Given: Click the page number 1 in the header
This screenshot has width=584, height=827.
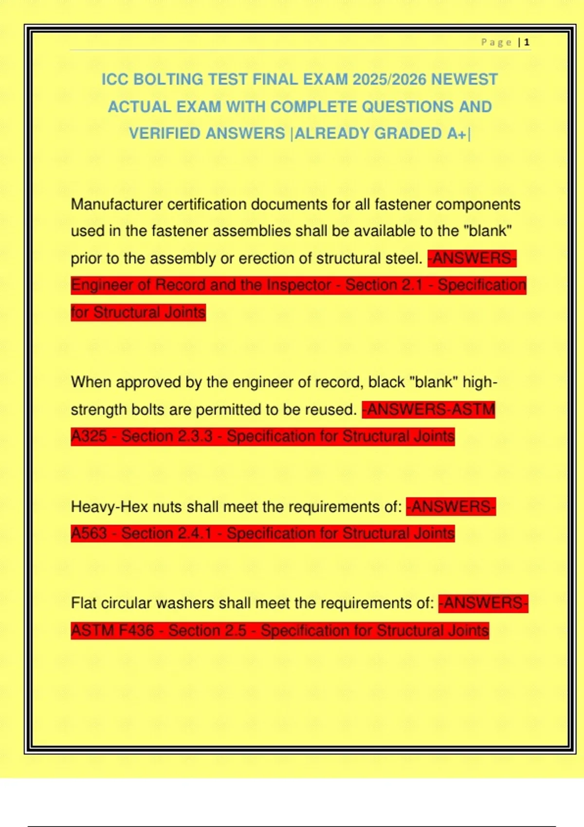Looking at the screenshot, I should tap(527, 42).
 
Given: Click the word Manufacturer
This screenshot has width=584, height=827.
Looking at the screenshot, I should tap(117, 204).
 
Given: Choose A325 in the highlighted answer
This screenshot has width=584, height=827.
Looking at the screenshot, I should tap(89, 436).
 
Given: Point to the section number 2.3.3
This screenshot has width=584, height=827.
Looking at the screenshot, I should tap(196, 436).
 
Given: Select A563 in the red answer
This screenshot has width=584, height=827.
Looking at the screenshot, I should tap(89, 534).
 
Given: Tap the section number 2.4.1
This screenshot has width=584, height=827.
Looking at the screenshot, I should tap(196, 534).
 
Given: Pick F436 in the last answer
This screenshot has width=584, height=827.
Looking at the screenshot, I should tap(136, 631).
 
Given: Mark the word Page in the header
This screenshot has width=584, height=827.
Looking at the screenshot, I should tap(496, 42).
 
